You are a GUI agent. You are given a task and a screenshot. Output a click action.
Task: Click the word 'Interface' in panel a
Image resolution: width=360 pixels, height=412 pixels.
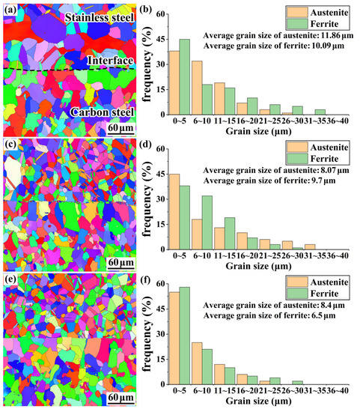coord(110,60)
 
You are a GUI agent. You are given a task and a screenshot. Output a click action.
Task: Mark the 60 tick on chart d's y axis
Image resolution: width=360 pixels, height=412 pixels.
coord(159,149)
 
